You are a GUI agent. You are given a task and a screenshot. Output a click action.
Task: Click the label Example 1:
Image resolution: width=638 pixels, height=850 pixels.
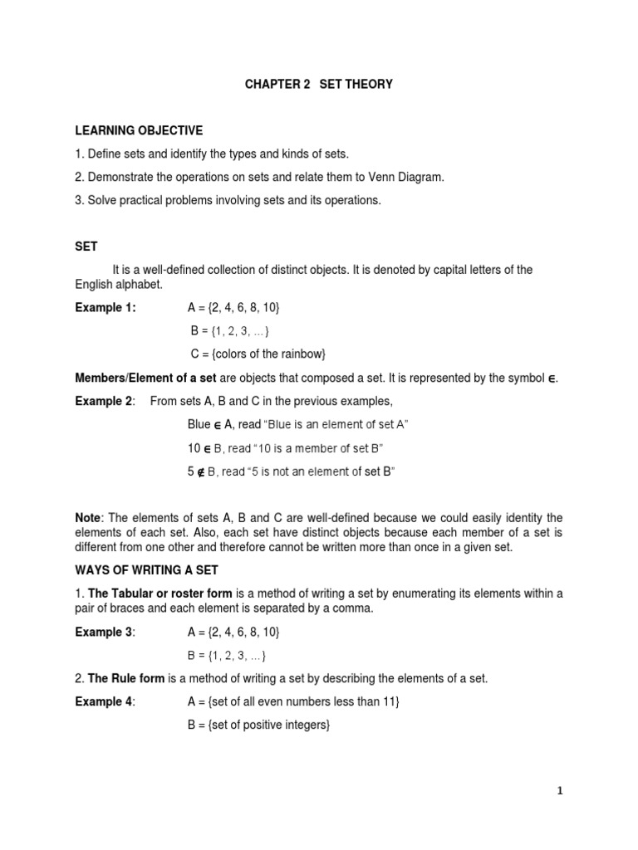pyautogui.click(x=106, y=308)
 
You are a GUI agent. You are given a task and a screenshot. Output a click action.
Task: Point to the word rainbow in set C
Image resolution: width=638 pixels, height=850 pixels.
pyautogui.click(x=303, y=354)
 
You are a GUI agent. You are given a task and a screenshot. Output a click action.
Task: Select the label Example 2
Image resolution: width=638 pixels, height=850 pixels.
pyautogui.click(x=104, y=402)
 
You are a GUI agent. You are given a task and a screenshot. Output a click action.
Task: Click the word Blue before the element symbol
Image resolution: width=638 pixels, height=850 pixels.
pyautogui.click(x=199, y=425)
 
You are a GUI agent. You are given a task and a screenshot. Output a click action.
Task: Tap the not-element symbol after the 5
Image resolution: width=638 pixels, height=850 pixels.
pyautogui.click(x=204, y=472)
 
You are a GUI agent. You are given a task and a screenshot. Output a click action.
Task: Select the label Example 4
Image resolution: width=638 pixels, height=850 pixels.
pyautogui.click(x=104, y=702)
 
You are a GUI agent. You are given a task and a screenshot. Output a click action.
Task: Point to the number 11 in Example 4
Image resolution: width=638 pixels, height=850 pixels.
pyautogui.click(x=390, y=702)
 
